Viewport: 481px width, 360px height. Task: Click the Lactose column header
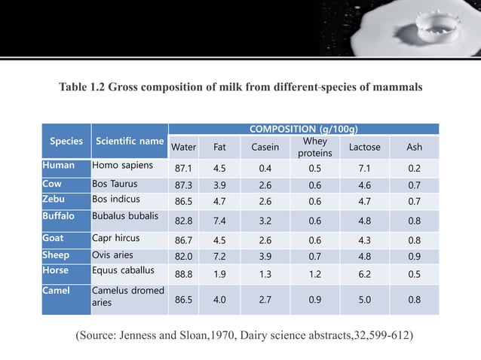pyautogui.click(x=365, y=147)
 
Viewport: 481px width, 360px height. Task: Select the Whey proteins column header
pyautogui.click(x=314, y=147)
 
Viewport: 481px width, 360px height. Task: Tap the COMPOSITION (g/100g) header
pyautogui.click(x=303, y=129)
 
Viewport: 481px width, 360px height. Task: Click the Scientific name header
pyautogui.click(x=129, y=141)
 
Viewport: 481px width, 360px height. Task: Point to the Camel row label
pyautogui.click(x=57, y=290)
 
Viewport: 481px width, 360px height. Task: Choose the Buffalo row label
pyautogui.click(x=62, y=216)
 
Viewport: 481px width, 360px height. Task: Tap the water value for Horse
pyautogui.click(x=184, y=275)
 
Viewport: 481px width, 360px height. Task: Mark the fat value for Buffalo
pyautogui.click(x=220, y=221)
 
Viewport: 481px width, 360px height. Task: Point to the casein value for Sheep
pyautogui.click(x=264, y=257)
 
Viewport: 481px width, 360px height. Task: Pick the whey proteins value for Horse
pyautogui.click(x=314, y=275)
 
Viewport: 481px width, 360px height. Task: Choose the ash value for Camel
pyautogui.click(x=414, y=299)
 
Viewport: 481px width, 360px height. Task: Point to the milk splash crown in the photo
pyautogui.click(x=421, y=29)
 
